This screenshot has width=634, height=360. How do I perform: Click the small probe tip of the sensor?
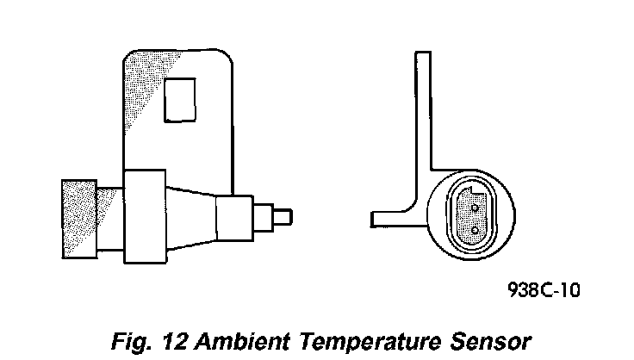pyautogui.click(x=285, y=214)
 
